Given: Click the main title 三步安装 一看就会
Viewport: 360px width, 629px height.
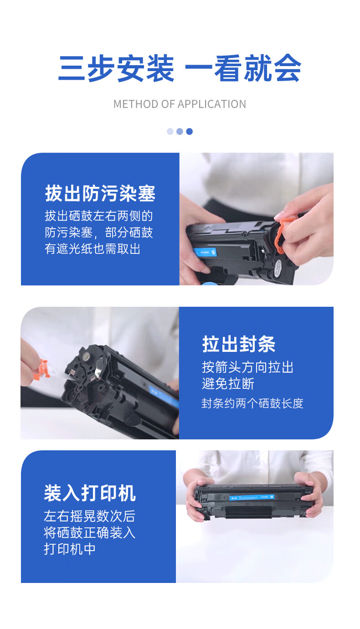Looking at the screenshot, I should coord(180,69).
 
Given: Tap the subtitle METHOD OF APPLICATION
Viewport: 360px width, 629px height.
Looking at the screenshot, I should coord(180,104).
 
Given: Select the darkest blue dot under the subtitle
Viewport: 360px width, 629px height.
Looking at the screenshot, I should coord(190,131).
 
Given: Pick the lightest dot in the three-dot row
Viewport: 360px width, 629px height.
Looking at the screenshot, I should coord(170,131).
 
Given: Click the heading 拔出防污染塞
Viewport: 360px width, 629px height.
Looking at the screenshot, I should coord(100,194).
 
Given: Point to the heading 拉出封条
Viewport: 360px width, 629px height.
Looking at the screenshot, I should coord(239,344).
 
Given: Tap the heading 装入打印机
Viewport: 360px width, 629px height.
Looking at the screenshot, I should coord(90,494).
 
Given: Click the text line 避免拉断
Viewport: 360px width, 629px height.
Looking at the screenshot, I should coord(228,384).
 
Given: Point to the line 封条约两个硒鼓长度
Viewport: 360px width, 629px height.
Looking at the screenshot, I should coord(252,403).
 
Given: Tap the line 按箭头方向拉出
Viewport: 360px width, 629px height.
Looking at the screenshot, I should coord(247,367).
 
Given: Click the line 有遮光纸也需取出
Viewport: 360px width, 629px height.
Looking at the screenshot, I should coord(93,249).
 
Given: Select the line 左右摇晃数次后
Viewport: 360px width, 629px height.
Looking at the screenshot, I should coord(89,516).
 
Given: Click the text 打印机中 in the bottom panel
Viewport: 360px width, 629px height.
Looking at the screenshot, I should coord(70,549).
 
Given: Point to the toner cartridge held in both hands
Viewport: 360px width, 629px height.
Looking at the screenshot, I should coord(253,501).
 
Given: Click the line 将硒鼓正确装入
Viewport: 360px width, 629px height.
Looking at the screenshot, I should coord(89,532).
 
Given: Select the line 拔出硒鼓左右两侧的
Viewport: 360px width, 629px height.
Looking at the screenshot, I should coord(98,216).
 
